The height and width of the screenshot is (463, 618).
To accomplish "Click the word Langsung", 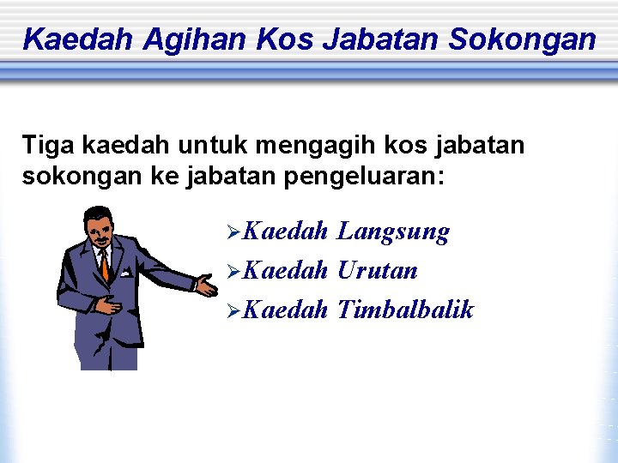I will click(394, 231).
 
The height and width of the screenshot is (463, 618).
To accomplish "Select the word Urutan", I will click(378, 271).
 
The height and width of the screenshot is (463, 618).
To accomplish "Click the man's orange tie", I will click(104, 264).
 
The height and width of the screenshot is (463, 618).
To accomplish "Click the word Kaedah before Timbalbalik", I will click(285, 310).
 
